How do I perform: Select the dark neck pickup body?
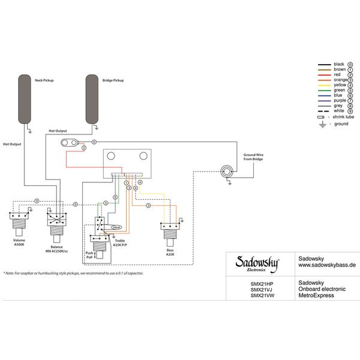(x=25, y=98)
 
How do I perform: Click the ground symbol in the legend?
(x=323, y=124)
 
